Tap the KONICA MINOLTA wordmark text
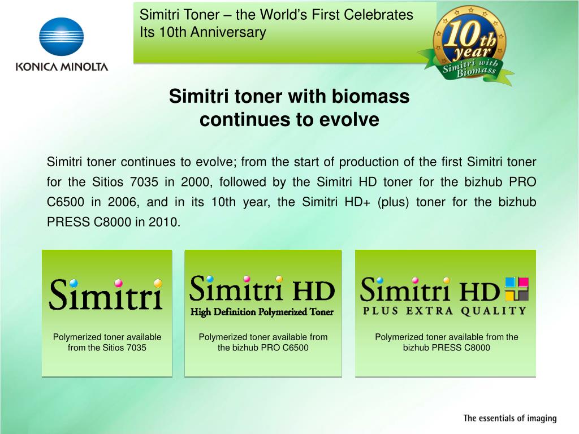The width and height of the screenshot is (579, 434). pos(61,67)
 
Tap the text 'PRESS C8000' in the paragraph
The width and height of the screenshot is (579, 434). pos(89,222)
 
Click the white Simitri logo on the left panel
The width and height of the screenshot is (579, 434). pos(106,293)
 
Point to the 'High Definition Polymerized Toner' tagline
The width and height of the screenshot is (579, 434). pos(262,312)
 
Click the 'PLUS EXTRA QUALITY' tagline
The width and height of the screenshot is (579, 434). pos(444,310)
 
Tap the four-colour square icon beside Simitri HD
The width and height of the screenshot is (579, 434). pos(516,289)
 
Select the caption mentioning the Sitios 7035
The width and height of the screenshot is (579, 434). pos(107,342)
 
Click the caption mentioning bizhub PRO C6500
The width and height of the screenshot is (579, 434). pos(263,342)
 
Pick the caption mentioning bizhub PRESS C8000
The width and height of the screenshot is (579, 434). pos(446,342)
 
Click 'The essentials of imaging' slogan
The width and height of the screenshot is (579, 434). pos(509,419)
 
